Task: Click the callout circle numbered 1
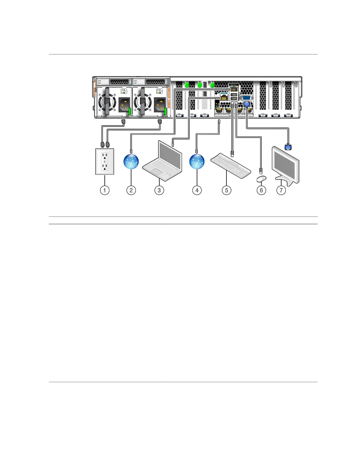[104, 190]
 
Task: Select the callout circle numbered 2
[131, 190]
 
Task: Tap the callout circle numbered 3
[159, 190]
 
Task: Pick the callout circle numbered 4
[197, 190]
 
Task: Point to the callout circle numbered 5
[226, 190]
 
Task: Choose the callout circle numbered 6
[261, 190]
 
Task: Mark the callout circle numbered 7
[281, 190]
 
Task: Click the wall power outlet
[105, 162]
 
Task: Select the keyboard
[231, 166]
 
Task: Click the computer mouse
[261, 178]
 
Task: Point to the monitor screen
[285, 165]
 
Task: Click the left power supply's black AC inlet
[124, 105]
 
